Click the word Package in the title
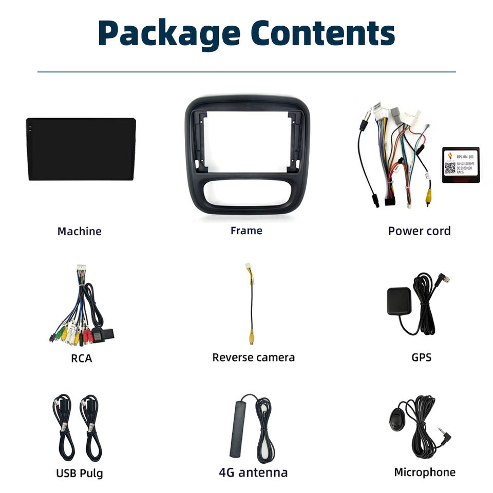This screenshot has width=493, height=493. coord(169,34)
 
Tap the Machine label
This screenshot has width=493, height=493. coord(79,232)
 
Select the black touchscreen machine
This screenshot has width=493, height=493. coord(81,149)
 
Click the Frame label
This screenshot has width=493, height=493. coord(246,231)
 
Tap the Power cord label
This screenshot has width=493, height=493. coord(419,231)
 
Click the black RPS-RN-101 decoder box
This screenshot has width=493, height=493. coord(460,165)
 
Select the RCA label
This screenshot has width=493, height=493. coord(81,358)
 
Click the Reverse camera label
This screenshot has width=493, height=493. coord(253,357)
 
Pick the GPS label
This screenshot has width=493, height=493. coord(421,357)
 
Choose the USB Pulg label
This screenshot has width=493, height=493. coord(79,473)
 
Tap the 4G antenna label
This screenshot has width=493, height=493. coord(253,472)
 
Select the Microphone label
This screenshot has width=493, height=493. coord(424,472)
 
